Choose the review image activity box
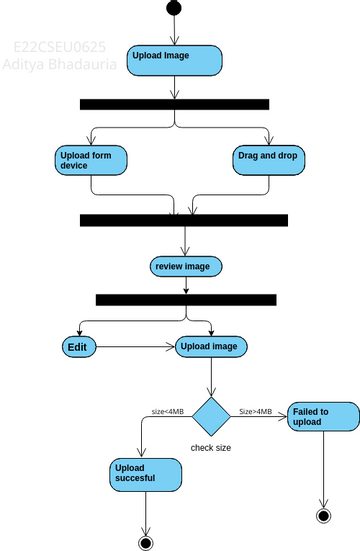[185, 266]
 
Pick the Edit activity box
[81, 347]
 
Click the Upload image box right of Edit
[211, 347]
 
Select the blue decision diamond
[211, 415]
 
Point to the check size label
[211, 448]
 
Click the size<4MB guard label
[167, 411]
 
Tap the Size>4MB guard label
[256, 411]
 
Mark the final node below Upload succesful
[147, 542]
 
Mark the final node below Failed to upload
[322, 515]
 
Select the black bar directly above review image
[183, 220]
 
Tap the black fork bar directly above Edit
[185, 299]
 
